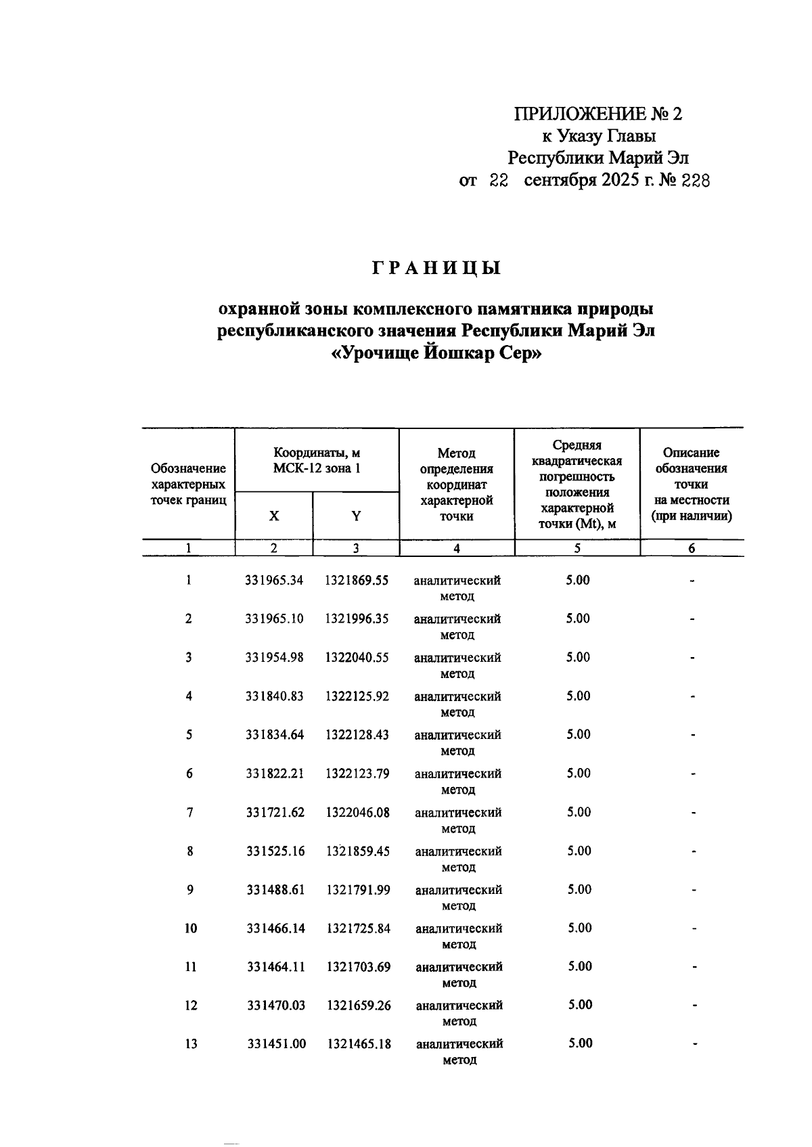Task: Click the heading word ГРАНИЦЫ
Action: coord(436,269)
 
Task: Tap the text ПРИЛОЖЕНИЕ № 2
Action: coord(598,114)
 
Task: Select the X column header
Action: coord(274,516)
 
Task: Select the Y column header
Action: coord(356,516)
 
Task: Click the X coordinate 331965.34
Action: coord(275,580)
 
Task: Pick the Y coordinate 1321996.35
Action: coord(357,619)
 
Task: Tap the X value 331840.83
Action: coord(275,696)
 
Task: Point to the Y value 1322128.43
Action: coord(357,734)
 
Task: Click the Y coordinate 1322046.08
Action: coord(357,812)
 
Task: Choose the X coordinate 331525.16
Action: coord(275,851)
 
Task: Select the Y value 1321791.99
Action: coord(358,889)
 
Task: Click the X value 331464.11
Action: coord(276,966)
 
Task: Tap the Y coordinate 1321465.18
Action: coord(359,1043)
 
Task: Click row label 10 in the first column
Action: coord(191,928)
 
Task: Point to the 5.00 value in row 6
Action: coord(579,773)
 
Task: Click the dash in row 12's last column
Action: coord(694,1006)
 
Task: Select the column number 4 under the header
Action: coord(457,549)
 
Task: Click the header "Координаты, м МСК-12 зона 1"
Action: coord(317,460)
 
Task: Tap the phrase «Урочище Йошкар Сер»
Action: coord(436,353)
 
